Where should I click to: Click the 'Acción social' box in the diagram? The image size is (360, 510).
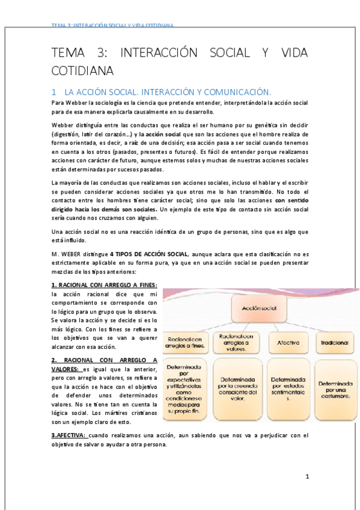(x=258, y=308)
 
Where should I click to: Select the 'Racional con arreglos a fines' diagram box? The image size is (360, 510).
(x=186, y=342)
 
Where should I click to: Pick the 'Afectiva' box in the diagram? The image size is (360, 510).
(x=288, y=342)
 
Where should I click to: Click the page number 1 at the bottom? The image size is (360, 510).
(x=307, y=477)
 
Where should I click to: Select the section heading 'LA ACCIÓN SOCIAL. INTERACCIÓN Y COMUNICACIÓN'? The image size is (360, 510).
(x=168, y=93)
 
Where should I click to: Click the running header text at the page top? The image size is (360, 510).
(x=112, y=26)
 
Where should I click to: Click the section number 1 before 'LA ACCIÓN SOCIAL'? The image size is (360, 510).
(x=53, y=93)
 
